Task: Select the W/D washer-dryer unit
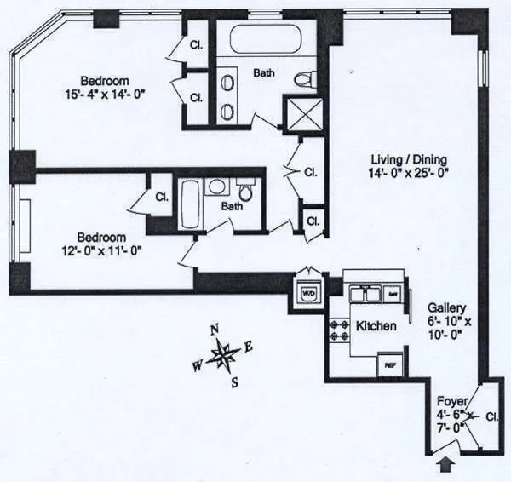307,291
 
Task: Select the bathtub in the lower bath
190,204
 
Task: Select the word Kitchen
376,326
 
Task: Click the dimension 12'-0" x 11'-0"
101,250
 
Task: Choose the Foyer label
451,400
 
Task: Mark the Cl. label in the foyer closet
491,416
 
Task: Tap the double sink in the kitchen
364,294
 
